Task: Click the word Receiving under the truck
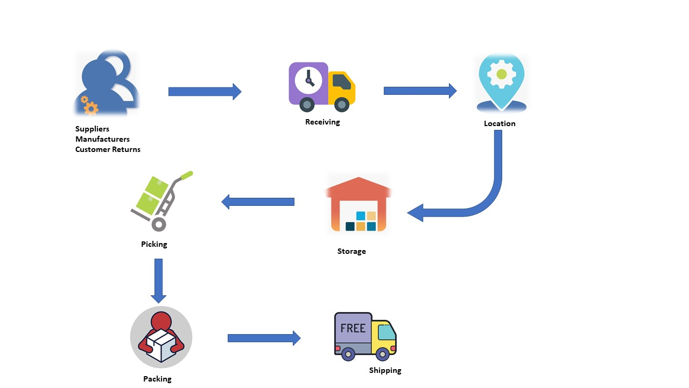pos(322,122)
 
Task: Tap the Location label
pos(500,123)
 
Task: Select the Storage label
pos(351,251)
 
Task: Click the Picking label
pos(154,244)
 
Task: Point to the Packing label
pos(157,379)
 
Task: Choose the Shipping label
pos(385,370)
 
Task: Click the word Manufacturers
pos(102,139)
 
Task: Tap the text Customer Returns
pos(108,149)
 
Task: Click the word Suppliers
pos(92,129)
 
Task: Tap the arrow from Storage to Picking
pos(258,202)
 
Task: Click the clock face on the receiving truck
pos(308,80)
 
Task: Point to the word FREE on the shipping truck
pos(353,328)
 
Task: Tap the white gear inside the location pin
pos(502,74)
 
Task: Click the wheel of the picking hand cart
pos(159,224)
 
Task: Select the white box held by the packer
pos(161,345)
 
